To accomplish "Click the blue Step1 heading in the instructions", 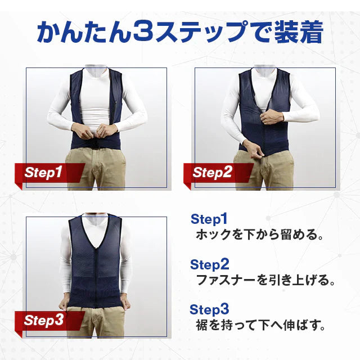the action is [209, 219].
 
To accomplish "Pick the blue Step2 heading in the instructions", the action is [210, 265].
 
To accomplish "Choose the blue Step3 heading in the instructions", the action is [209, 309].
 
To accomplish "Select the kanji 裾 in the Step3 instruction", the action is [202, 325].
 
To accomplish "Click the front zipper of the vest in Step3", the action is [96, 277].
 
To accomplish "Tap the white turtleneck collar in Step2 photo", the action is [265, 69].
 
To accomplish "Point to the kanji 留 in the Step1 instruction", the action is [287, 235].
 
